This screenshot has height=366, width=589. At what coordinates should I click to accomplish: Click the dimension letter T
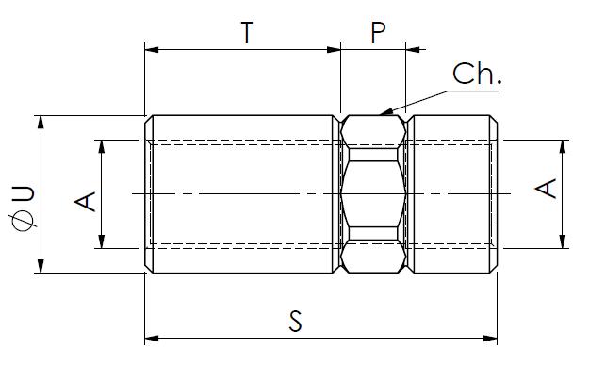pyautogui.click(x=246, y=32)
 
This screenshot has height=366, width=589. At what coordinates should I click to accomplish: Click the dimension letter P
pyautogui.click(x=378, y=32)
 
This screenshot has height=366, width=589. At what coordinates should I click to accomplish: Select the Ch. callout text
pyautogui.click(x=477, y=74)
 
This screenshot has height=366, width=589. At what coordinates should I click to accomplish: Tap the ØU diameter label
pyautogui.click(x=24, y=208)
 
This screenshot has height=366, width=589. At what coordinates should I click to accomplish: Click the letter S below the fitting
pyautogui.click(x=295, y=321)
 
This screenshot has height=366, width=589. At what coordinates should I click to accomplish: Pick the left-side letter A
pyautogui.click(x=85, y=201)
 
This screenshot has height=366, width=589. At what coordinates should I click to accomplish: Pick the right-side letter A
pyautogui.click(x=546, y=189)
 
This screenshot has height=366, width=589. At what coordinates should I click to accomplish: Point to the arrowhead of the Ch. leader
pyautogui.click(x=385, y=111)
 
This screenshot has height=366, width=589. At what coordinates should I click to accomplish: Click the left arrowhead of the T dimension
pyautogui.click(x=152, y=49)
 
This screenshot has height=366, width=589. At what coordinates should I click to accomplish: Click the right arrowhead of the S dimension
pyautogui.click(x=490, y=338)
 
